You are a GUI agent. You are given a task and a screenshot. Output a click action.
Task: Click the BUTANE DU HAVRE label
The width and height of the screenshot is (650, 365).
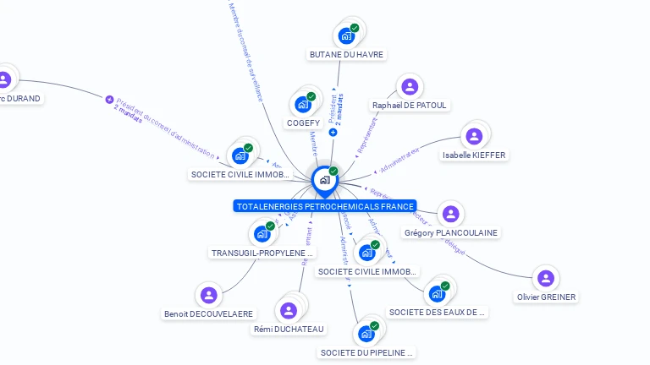pyautogui.click(x=346, y=55)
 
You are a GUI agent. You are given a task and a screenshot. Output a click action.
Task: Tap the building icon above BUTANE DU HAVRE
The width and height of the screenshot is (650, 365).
pyautogui.click(x=345, y=35)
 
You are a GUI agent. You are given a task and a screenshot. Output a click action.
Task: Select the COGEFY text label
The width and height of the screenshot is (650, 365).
pyautogui.click(x=302, y=123)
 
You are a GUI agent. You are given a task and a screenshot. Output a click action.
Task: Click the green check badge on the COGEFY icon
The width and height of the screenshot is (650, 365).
pyautogui.click(x=311, y=97)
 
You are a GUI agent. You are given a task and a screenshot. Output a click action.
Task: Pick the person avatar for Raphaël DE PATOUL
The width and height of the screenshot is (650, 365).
pyautogui.click(x=410, y=86)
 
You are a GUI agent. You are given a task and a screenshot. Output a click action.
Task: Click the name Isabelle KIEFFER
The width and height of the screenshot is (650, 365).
pyautogui.click(x=474, y=155)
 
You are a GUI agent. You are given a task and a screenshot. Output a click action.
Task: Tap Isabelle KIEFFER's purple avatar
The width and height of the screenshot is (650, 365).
pyautogui.click(x=474, y=135)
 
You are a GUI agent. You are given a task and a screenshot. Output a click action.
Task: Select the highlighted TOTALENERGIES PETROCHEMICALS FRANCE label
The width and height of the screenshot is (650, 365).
pyautogui.click(x=325, y=206)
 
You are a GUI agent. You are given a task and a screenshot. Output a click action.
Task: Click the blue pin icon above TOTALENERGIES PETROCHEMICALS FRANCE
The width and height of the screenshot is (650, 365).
pyautogui.click(x=324, y=180)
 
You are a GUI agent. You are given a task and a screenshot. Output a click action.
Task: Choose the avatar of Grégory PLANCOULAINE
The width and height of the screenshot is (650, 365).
pyautogui.click(x=450, y=214)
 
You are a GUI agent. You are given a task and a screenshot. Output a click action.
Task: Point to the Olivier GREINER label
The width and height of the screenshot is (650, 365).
pyautogui.click(x=547, y=297)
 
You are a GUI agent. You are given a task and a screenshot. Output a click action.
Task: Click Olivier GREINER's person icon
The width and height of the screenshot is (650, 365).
pyautogui.click(x=547, y=278)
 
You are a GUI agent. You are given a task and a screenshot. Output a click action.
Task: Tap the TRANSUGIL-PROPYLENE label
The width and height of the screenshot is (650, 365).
pyautogui.click(x=262, y=253)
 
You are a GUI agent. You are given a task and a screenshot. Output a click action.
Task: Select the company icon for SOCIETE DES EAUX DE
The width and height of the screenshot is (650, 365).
pyautogui.click(x=437, y=293)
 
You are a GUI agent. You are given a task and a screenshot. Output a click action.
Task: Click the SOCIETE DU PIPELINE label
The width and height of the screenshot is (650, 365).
pyautogui.click(x=368, y=352)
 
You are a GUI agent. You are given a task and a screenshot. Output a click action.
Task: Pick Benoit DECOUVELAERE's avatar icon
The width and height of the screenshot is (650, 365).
pyautogui.click(x=209, y=295)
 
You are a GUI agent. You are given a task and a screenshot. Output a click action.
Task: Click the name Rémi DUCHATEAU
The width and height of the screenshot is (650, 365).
pyautogui.click(x=289, y=329)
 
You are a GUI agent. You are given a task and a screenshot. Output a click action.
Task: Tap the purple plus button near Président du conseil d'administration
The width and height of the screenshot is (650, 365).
pyautogui.click(x=109, y=100)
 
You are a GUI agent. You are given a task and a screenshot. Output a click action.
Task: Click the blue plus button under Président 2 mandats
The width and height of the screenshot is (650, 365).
pyautogui.click(x=333, y=132)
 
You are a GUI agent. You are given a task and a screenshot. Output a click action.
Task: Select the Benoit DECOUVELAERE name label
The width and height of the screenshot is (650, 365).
pyautogui.click(x=208, y=314)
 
